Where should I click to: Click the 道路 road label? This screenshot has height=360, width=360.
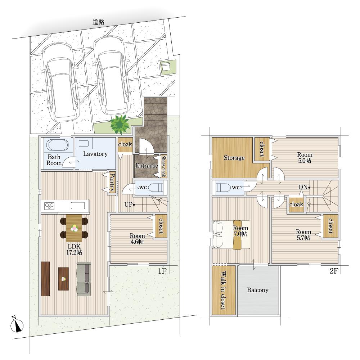click(x=99, y=22)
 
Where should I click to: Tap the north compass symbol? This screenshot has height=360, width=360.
click(x=17, y=324)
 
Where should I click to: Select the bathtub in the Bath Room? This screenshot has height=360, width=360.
click(x=57, y=145)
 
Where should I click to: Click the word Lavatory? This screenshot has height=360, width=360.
click(x=95, y=154)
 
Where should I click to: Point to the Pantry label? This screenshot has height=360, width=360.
click(x=112, y=182)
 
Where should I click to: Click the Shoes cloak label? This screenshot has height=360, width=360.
click(x=163, y=166)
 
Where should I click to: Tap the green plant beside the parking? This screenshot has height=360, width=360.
click(x=120, y=124)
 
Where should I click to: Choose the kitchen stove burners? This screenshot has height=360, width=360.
click(x=49, y=206)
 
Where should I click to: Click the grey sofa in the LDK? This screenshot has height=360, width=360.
click(x=84, y=279)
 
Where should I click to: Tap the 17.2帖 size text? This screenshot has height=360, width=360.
click(x=74, y=252)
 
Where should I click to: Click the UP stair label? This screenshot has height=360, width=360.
click(x=129, y=204)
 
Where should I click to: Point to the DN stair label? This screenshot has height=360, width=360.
click(x=303, y=187)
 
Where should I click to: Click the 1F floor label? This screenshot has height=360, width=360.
click(x=162, y=271)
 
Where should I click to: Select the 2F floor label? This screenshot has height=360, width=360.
click(x=334, y=271)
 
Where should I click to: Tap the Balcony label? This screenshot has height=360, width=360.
click(x=258, y=290)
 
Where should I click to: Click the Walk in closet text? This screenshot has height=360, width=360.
click(x=223, y=290)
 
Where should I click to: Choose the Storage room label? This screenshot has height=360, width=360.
click(x=234, y=158)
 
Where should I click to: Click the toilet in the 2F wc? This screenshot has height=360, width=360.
click(x=223, y=188)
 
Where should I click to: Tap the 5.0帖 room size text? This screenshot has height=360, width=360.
click(x=305, y=161)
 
